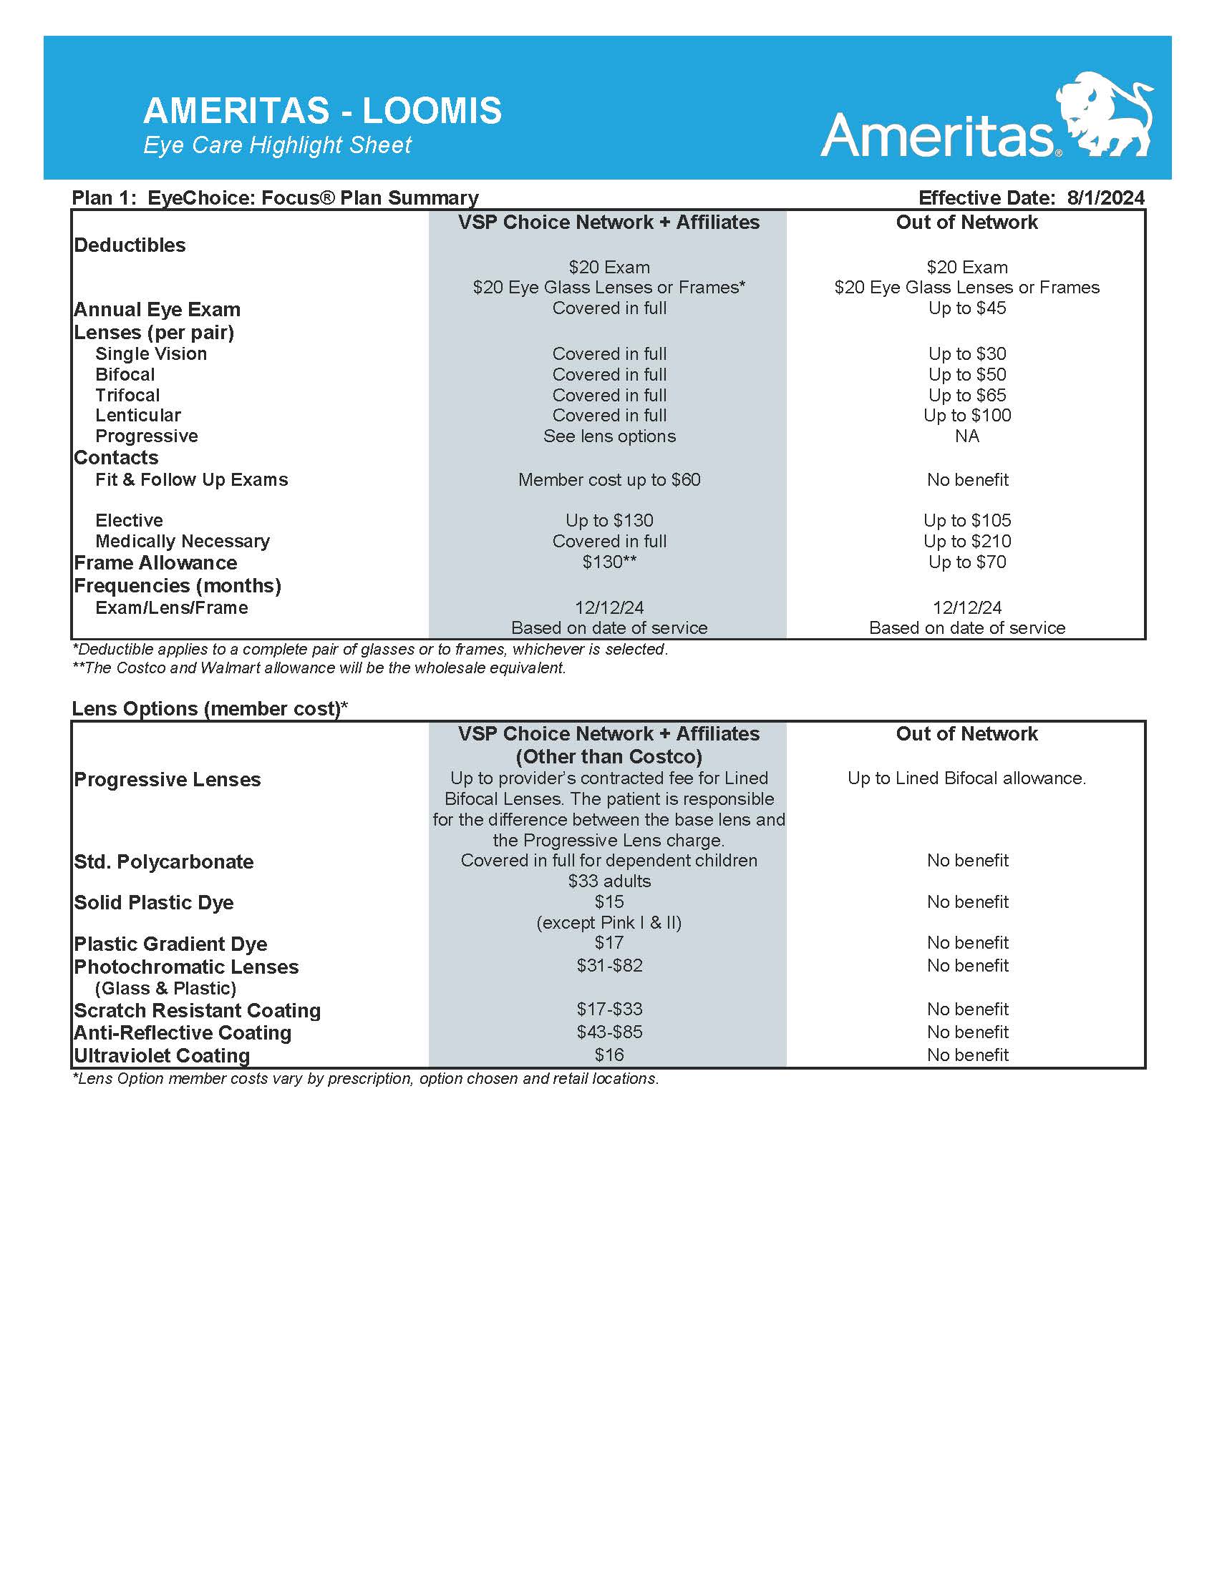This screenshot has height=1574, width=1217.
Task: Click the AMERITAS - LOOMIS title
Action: pyautogui.click(x=322, y=111)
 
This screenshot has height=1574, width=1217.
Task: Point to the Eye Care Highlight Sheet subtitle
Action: pyautogui.click(x=277, y=145)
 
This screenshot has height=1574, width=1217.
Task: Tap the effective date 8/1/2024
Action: pyautogui.click(x=1105, y=197)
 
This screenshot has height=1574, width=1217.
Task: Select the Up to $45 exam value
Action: pyautogui.click(x=966, y=308)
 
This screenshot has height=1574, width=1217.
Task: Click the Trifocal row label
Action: pyautogui.click(x=127, y=396)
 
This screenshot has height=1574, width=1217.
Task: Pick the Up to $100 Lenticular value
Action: pyautogui.click(x=966, y=416)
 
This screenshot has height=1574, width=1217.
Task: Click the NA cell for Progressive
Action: pyautogui.click(x=966, y=436)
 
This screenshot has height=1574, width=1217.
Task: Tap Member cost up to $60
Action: pyautogui.click(x=608, y=480)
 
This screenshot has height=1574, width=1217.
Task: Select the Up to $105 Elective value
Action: pyautogui.click(x=966, y=520)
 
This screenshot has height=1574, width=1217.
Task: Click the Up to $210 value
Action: pyautogui.click(x=966, y=542)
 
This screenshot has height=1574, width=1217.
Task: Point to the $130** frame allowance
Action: pyautogui.click(x=608, y=562)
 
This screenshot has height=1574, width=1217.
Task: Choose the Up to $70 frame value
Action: pyautogui.click(x=966, y=562)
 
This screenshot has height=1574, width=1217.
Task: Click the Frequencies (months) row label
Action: pyautogui.click(x=178, y=585)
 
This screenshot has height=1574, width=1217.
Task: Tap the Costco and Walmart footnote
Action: pyautogui.click(x=319, y=668)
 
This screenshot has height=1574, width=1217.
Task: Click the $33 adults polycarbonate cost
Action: pyautogui.click(x=608, y=881)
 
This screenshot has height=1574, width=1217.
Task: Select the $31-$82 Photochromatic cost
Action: pyautogui.click(x=608, y=966)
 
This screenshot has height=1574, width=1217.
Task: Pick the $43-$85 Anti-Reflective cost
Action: pyautogui.click(x=608, y=1032)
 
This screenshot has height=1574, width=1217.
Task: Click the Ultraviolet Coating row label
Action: pyautogui.click(x=162, y=1056)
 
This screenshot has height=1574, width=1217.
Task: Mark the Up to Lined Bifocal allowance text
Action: pyautogui.click(x=966, y=778)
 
